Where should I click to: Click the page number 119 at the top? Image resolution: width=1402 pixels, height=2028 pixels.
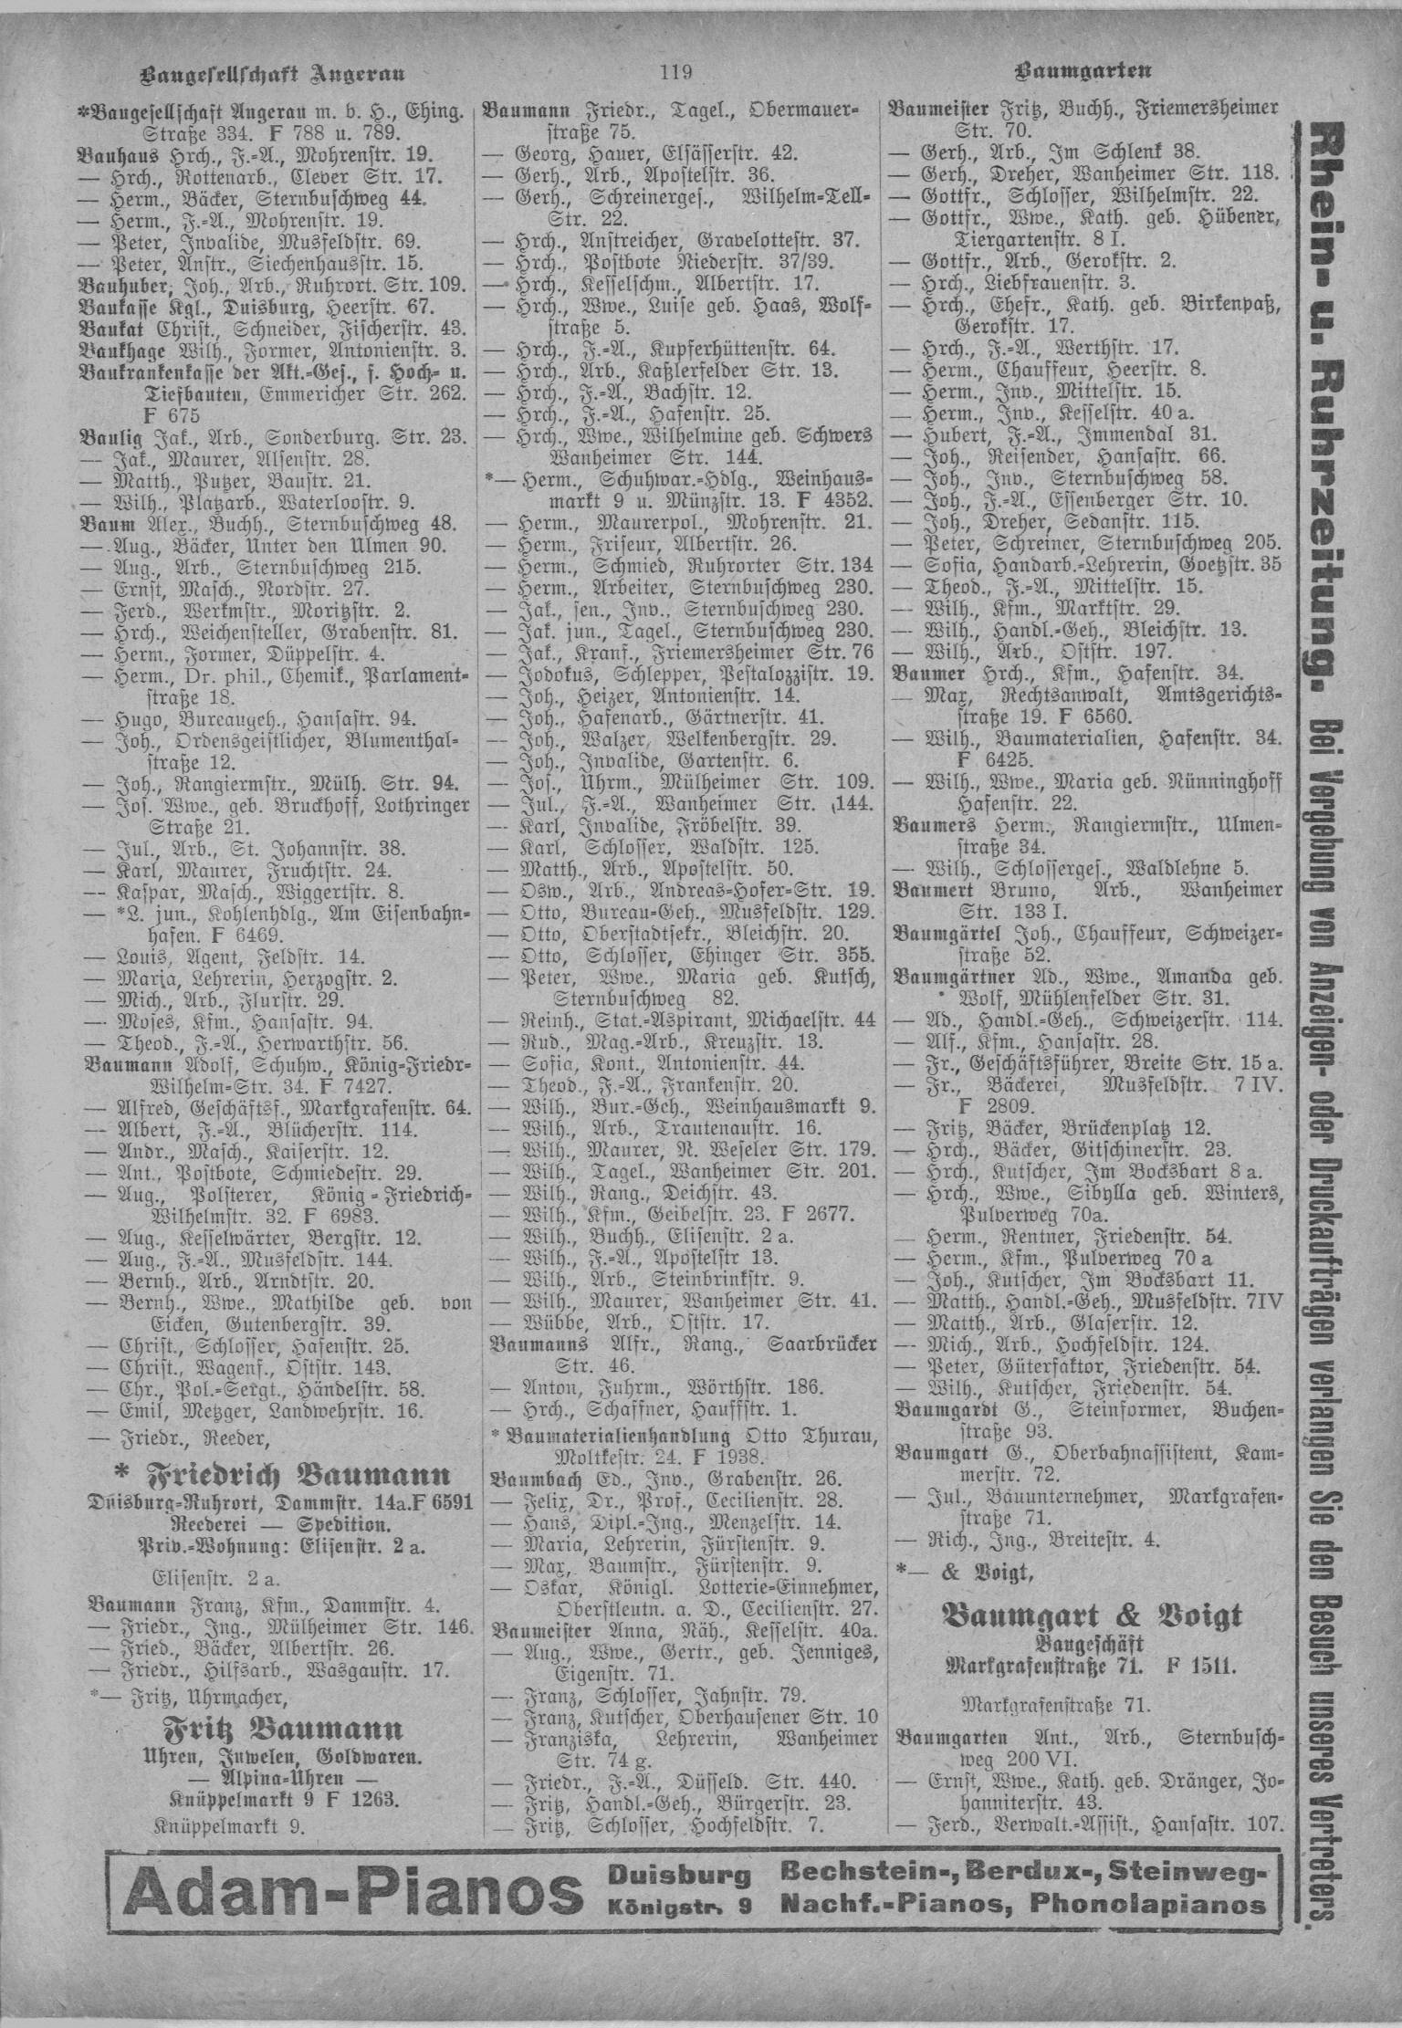click(x=675, y=70)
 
